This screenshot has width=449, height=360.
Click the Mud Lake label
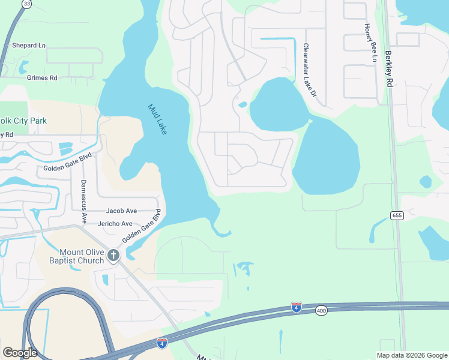point(157,119)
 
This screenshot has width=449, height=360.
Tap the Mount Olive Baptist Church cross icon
point(113,256)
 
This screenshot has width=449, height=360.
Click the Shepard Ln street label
point(28,46)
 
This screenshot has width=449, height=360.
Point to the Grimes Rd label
point(42,78)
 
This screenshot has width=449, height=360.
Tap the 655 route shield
point(396,215)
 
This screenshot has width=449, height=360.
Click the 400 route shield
point(321,310)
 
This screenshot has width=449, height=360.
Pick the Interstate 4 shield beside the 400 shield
point(297,307)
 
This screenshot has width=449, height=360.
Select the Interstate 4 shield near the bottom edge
point(162,343)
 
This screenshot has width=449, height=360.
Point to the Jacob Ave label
point(122,211)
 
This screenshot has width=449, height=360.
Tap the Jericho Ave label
point(119,224)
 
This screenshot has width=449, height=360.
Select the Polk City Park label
point(24,121)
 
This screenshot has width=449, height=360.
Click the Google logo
point(20,353)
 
